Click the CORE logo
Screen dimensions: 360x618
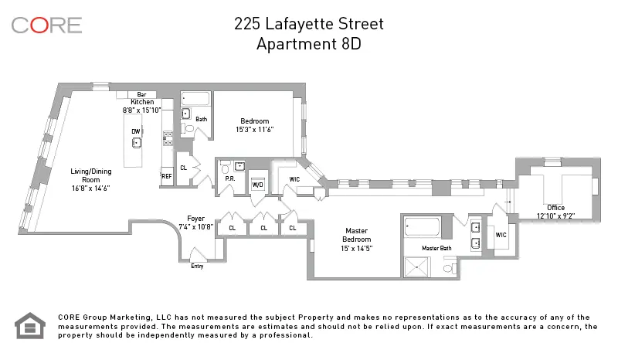click(46, 25)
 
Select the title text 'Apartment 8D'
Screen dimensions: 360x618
click(309, 44)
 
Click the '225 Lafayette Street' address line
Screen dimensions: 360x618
click(309, 24)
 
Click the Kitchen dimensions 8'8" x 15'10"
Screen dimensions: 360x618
click(142, 110)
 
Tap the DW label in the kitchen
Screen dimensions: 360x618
click(135, 131)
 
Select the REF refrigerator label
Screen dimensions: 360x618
click(166, 176)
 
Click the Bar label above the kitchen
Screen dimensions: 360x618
click(141, 94)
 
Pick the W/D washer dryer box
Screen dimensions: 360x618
click(258, 184)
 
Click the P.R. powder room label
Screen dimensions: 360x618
click(229, 178)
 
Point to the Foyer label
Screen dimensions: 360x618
click(195, 219)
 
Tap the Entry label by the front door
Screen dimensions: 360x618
click(197, 266)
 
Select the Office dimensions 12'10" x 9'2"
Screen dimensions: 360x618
click(555, 216)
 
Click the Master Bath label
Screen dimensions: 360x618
click(436, 248)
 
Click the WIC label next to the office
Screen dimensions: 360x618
click(501, 235)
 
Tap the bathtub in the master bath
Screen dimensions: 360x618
click(422, 228)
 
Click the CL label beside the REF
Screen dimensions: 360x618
click(183, 168)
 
